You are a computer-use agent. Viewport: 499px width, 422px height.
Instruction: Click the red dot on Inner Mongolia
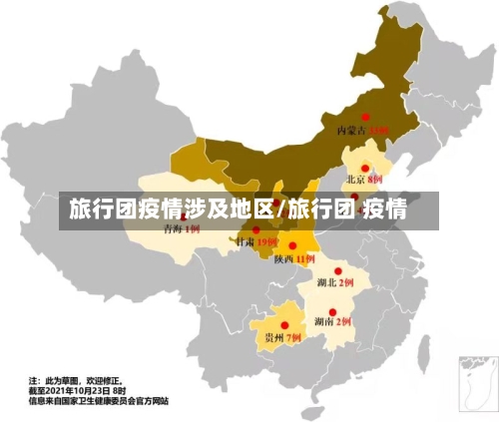pos(365,116)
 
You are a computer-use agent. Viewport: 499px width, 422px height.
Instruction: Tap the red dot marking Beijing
pos(365,169)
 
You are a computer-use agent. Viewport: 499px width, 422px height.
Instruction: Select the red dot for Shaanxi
pos(292,245)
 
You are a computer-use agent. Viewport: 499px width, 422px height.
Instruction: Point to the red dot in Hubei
pos(338,270)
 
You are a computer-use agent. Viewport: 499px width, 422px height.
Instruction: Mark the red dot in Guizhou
pos(284,325)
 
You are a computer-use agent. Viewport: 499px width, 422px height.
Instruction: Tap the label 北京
pos(355,181)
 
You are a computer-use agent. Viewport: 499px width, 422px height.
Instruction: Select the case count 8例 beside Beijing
pos(375,181)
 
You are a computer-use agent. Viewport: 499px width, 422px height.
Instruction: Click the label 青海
pos(172,229)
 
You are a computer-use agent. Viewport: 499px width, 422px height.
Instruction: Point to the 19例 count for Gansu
pos(266,242)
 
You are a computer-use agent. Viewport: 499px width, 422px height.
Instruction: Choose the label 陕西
pos(282,259)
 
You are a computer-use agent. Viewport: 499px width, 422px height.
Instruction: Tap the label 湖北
pos(326,283)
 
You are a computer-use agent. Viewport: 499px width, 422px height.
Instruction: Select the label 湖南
pos(323,322)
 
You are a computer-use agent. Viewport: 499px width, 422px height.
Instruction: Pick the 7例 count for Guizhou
pos(293,338)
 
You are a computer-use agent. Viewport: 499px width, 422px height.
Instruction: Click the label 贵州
pos(273,338)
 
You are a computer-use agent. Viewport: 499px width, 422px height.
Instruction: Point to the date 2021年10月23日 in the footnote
pos(78,391)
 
